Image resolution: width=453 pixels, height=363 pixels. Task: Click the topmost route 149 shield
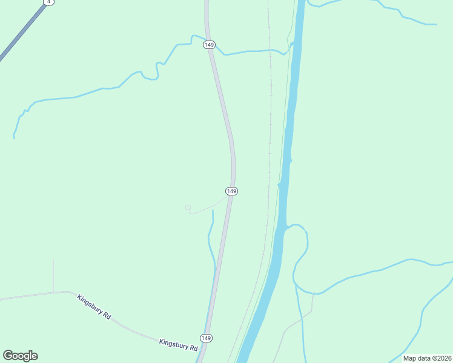pyautogui.click(x=210, y=45)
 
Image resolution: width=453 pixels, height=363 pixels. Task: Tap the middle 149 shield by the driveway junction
pyautogui.click(x=231, y=191)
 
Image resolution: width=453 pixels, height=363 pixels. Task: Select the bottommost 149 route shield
pyautogui.click(x=206, y=338)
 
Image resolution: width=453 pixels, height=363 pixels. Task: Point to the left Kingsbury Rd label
pyautogui.click(x=94, y=307)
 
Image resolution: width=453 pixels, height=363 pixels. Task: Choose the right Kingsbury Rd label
pyautogui.click(x=178, y=345)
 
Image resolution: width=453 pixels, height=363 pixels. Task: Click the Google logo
pyautogui.click(x=20, y=355)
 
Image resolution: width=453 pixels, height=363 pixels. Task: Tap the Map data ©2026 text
pyautogui.click(x=428, y=358)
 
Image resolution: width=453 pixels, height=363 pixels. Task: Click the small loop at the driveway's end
pyautogui.click(x=188, y=208)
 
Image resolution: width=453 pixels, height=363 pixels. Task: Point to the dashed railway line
pyautogui.click(x=270, y=121)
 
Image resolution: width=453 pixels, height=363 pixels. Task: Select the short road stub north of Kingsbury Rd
pyautogui.click(x=53, y=275)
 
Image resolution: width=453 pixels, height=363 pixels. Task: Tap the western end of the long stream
pyautogui.click(x=14, y=136)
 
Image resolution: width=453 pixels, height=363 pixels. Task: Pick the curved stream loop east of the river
pyautogui.click(x=300, y=254)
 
